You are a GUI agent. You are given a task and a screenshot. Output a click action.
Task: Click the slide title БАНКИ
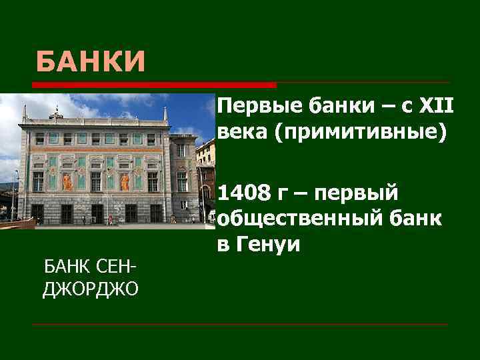coord(91,63)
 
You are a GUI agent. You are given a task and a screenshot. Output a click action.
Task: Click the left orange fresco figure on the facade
coord(68,181)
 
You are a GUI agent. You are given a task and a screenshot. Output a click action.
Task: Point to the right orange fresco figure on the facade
coord(124,181)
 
